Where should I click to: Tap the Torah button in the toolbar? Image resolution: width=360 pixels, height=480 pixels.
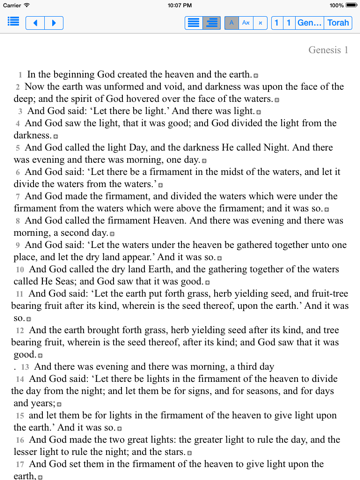(339, 21)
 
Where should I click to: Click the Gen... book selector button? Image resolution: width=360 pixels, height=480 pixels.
(309, 21)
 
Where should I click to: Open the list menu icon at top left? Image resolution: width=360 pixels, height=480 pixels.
(14, 21)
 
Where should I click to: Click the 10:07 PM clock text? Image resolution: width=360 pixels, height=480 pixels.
(180, 5)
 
